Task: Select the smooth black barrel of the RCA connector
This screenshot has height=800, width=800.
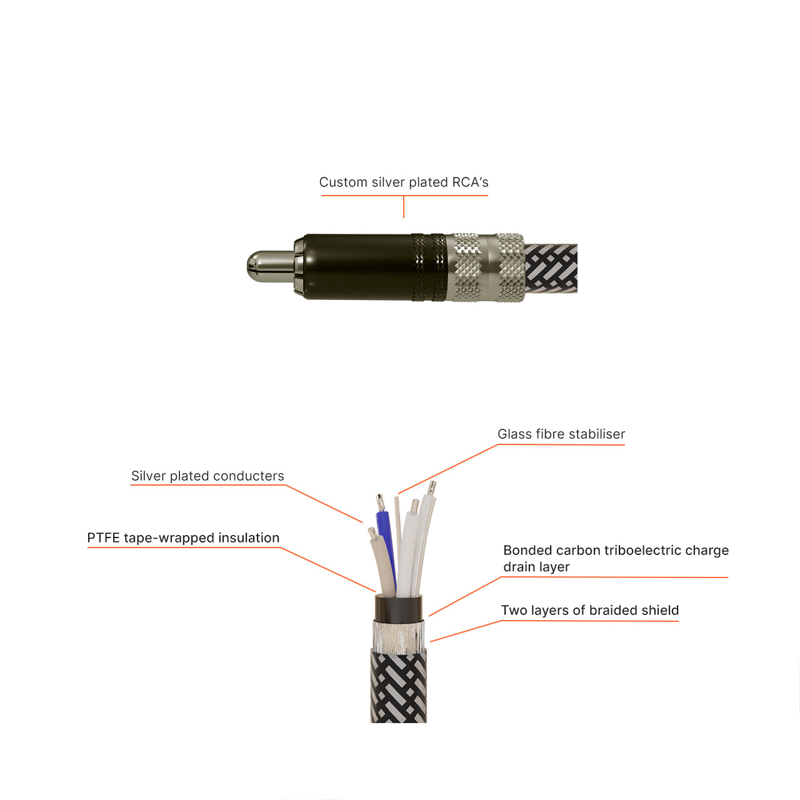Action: [x=356, y=267]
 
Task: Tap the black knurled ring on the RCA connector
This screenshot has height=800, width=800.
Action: [x=429, y=267]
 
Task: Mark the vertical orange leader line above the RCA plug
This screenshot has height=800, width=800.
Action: [x=404, y=207]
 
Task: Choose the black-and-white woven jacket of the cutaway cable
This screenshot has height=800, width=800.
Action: [x=399, y=687]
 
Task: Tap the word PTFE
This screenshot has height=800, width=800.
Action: [x=104, y=538]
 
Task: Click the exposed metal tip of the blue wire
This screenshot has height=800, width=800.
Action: [x=379, y=502]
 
